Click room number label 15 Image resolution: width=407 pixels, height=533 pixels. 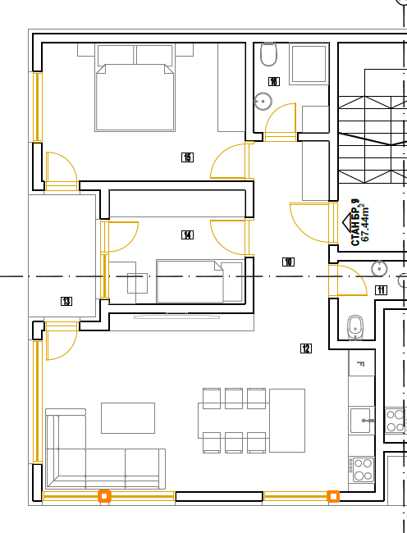[x=187, y=157]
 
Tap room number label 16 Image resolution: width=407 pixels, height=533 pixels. [x=274, y=81]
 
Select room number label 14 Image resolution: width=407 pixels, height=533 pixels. [x=187, y=235]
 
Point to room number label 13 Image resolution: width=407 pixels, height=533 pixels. [x=66, y=301]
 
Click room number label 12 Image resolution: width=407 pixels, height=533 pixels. [x=306, y=348]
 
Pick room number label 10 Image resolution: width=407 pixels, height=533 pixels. [x=288, y=262]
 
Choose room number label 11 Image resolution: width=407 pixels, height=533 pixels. [x=382, y=290]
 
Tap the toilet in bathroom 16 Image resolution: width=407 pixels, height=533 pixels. [x=268, y=54]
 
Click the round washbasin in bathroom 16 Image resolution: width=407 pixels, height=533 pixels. [x=263, y=102]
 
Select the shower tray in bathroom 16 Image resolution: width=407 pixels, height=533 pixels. [x=309, y=64]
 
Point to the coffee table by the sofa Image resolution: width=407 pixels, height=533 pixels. [x=128, y=418]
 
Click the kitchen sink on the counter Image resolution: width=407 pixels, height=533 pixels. [x=361, y=421]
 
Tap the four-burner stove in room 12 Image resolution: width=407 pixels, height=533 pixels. [x=364, y=470]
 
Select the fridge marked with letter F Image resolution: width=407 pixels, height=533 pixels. [x=361, y=363]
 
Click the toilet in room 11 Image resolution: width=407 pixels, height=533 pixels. [x=355, y=327]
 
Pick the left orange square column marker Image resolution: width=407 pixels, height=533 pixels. [x=104, y=496]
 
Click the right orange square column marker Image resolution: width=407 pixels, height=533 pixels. [x=333, y=496]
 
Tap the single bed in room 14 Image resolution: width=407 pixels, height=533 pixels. [x=199, y=281]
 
